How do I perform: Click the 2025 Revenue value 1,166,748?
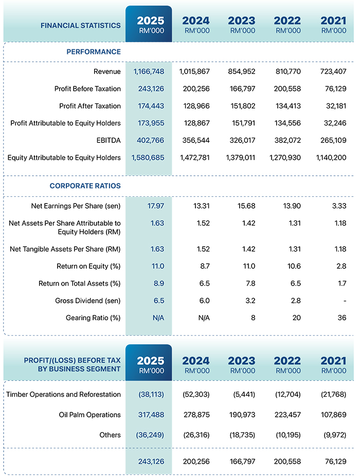tap(149, 71)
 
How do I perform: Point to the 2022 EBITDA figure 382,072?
tap(285, 140)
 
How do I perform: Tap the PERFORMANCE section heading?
tap(94, 52)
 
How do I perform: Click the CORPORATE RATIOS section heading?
tap(85, 186)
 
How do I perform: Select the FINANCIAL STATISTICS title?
tap(81, 25)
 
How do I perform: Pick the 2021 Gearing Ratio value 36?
tap(341, 318)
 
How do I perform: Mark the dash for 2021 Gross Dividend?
tap(344, 301)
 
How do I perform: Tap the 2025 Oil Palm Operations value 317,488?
tap(151, 415)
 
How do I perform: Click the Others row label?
tap(110, 435)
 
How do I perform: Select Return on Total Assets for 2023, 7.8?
tap(248, 283)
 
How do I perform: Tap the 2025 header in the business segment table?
tap(150, 364)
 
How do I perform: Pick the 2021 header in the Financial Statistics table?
tap(333, 24)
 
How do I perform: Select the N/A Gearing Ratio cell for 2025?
tap(158, 318)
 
